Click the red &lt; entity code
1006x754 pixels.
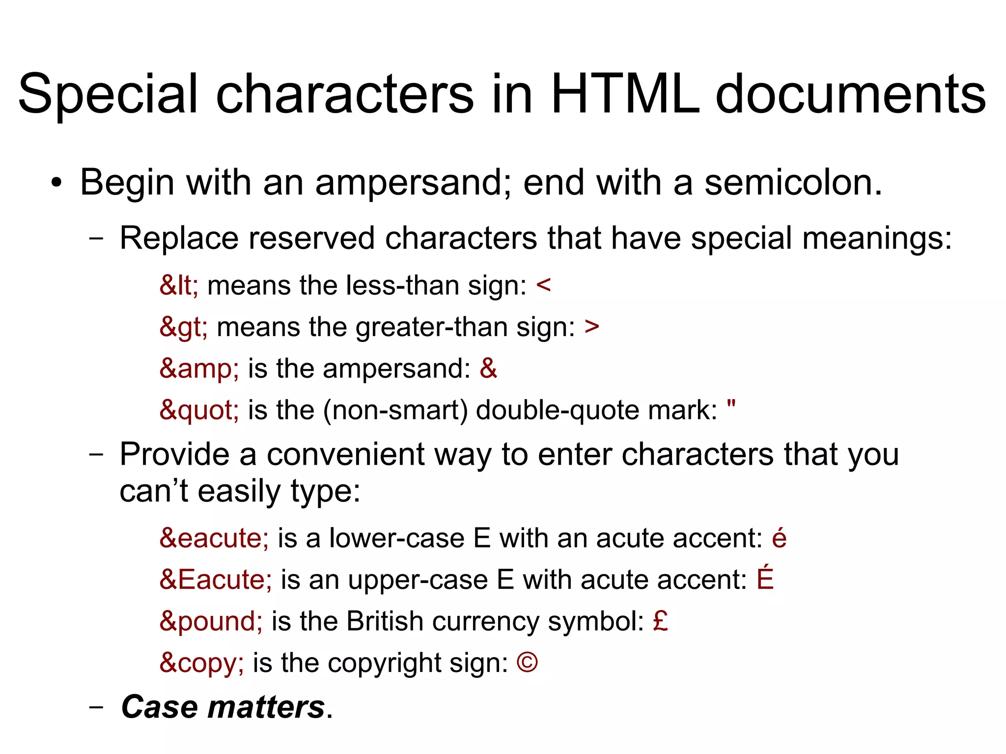[179, 285]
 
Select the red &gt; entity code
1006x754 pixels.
[183, 327]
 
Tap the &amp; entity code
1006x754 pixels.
[199, 369]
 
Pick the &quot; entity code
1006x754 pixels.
[199, 410]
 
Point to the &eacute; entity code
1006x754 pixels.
[214, 538]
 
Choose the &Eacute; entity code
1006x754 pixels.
[216, 580]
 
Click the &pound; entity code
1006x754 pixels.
[211, 622]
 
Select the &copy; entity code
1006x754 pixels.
[201, 663]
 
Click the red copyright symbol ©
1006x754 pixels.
[527, 663]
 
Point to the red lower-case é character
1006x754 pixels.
[779, 538]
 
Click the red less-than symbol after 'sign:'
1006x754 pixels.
[544, 285]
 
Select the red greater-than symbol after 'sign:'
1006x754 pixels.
[592, 327]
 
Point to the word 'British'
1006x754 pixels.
[385, 622]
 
